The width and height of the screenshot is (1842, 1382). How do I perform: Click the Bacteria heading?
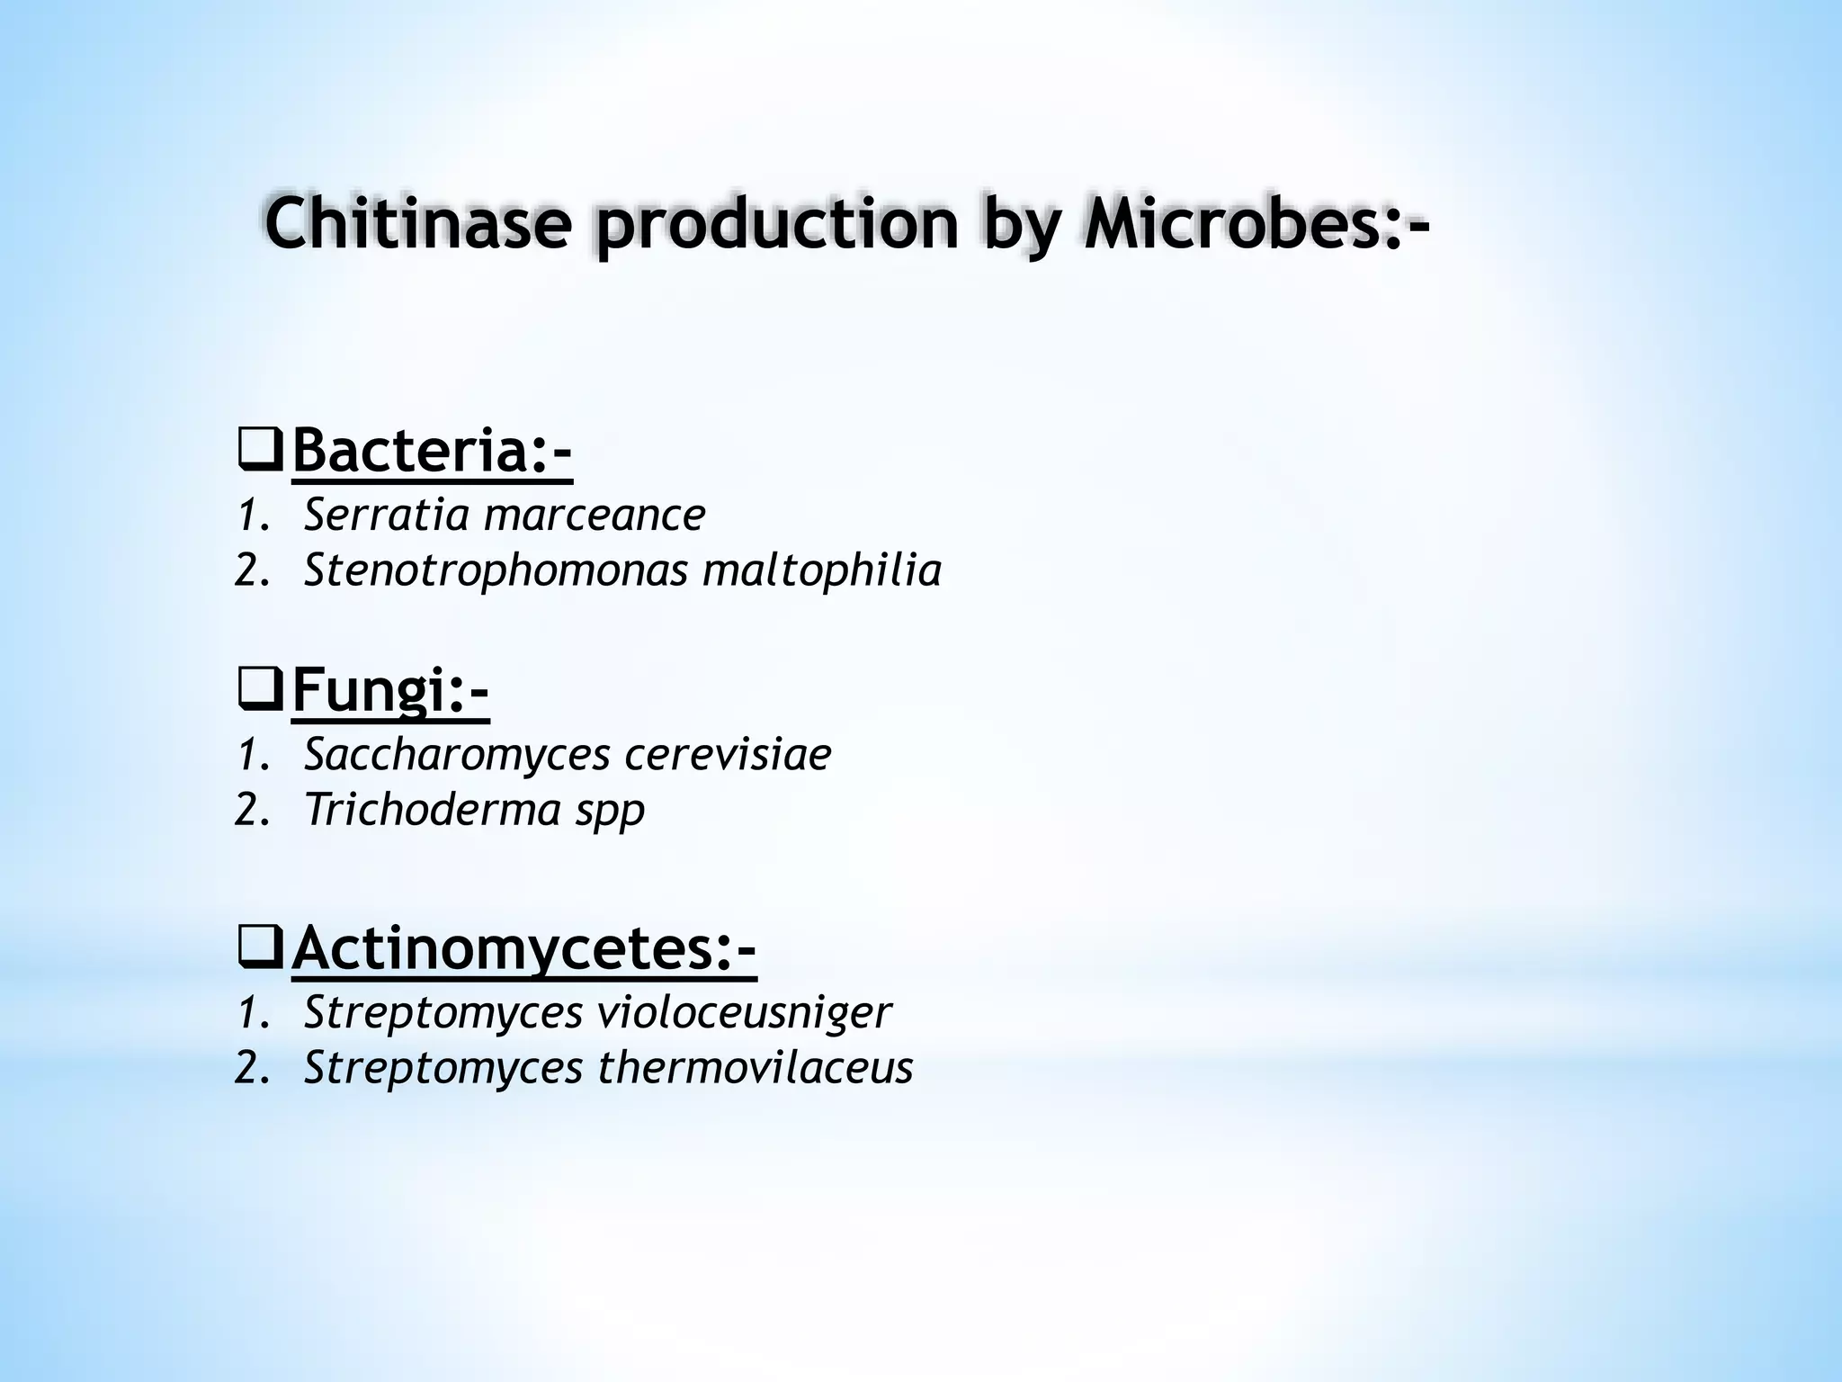click(432, 452)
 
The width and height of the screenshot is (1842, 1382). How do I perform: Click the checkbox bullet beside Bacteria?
click(262, 453)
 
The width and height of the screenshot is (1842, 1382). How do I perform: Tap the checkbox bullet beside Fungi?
click(262, 693)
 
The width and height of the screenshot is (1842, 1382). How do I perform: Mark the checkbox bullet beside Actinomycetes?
click(262, 950)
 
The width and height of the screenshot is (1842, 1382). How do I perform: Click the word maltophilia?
click(822, 570)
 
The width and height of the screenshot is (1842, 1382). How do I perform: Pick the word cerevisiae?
click(728, 755)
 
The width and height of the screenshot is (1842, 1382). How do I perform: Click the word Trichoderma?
click(426, 809)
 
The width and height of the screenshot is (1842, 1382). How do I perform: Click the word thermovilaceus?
click(756, 1068)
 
